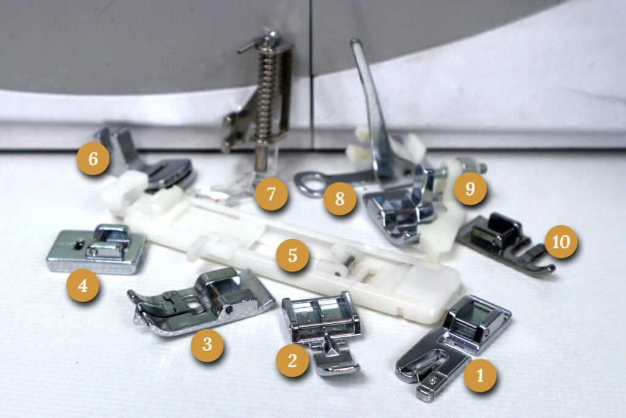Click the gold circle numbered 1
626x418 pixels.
pos(480,376)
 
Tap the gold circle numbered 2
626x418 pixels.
pos(292,360)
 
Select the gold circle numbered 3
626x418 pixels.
pos(207,345)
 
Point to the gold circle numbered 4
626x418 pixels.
pos(83,285)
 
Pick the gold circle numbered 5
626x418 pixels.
pos(292,255)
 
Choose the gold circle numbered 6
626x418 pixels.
pos(93,159)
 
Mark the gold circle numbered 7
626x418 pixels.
pos(271,194)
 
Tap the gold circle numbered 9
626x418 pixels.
pos(470,188)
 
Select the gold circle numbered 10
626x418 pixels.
pos(561,241)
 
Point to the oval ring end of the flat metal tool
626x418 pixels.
pos(308,184)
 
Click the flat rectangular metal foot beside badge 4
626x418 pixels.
pos(96,250)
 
